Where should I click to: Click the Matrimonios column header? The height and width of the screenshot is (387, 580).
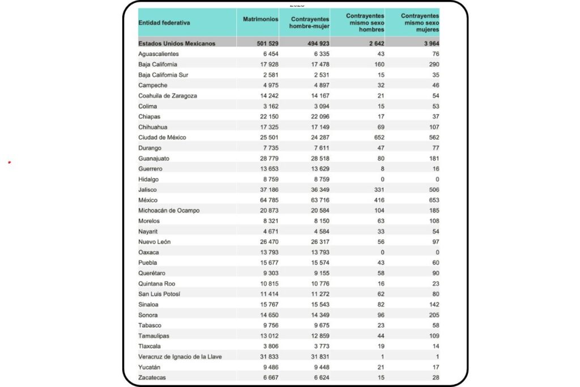[x=261, y=19]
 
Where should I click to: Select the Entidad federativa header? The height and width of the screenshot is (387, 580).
[x=164, y=23]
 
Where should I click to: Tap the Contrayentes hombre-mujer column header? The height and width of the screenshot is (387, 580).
[x=310, y=23]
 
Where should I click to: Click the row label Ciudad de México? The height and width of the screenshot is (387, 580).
[x=162, y=137]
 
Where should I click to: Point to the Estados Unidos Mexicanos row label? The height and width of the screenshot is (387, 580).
[x=177, y=43]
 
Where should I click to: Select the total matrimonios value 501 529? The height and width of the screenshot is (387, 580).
[x=265, y=43]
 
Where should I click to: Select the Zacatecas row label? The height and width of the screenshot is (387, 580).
[x=152, y=377]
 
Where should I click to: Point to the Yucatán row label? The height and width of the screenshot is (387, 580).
[x=150, y=367]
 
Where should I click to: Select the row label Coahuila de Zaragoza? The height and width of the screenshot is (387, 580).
[x=168, y=96]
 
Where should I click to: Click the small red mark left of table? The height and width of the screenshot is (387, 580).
[x=10, y=163]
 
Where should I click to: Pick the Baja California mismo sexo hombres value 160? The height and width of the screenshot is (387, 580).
[x=378, y=64]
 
